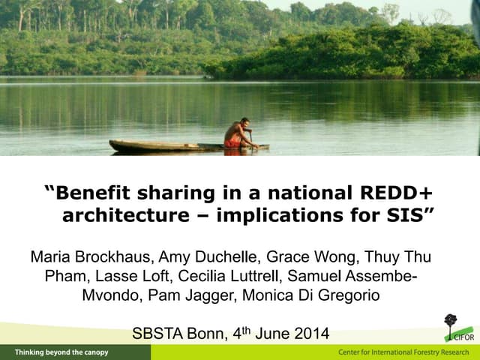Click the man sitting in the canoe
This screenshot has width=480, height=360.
(238, 134)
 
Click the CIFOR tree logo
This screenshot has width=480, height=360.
(450, 323)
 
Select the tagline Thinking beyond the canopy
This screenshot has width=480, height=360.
(61, 352)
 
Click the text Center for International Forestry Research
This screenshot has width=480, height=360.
(403, 352)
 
